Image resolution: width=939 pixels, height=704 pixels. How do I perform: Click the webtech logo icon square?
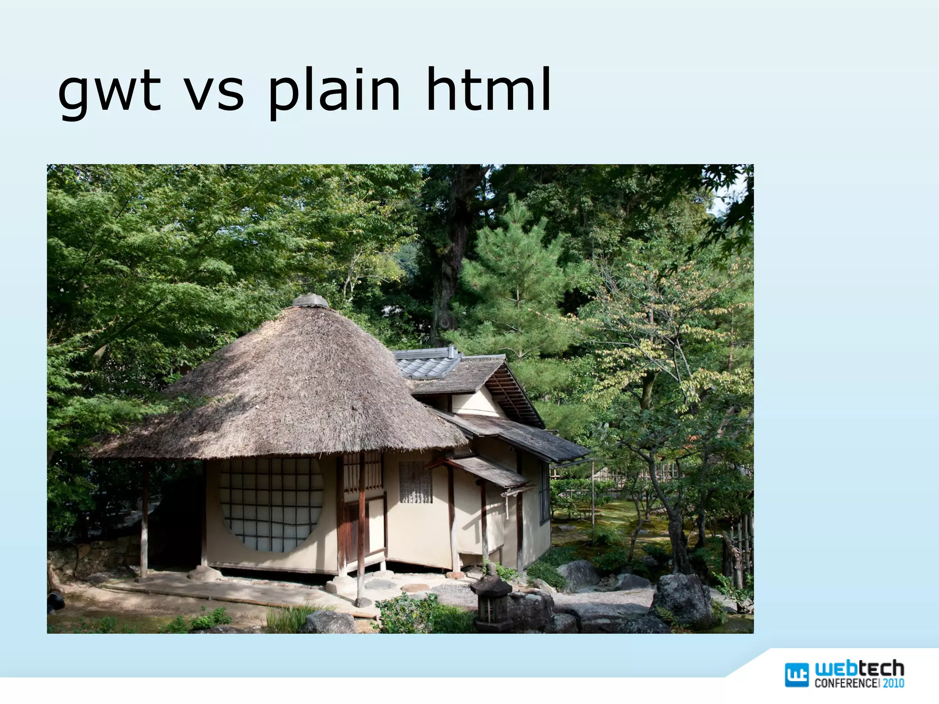(x=797, y=675)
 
